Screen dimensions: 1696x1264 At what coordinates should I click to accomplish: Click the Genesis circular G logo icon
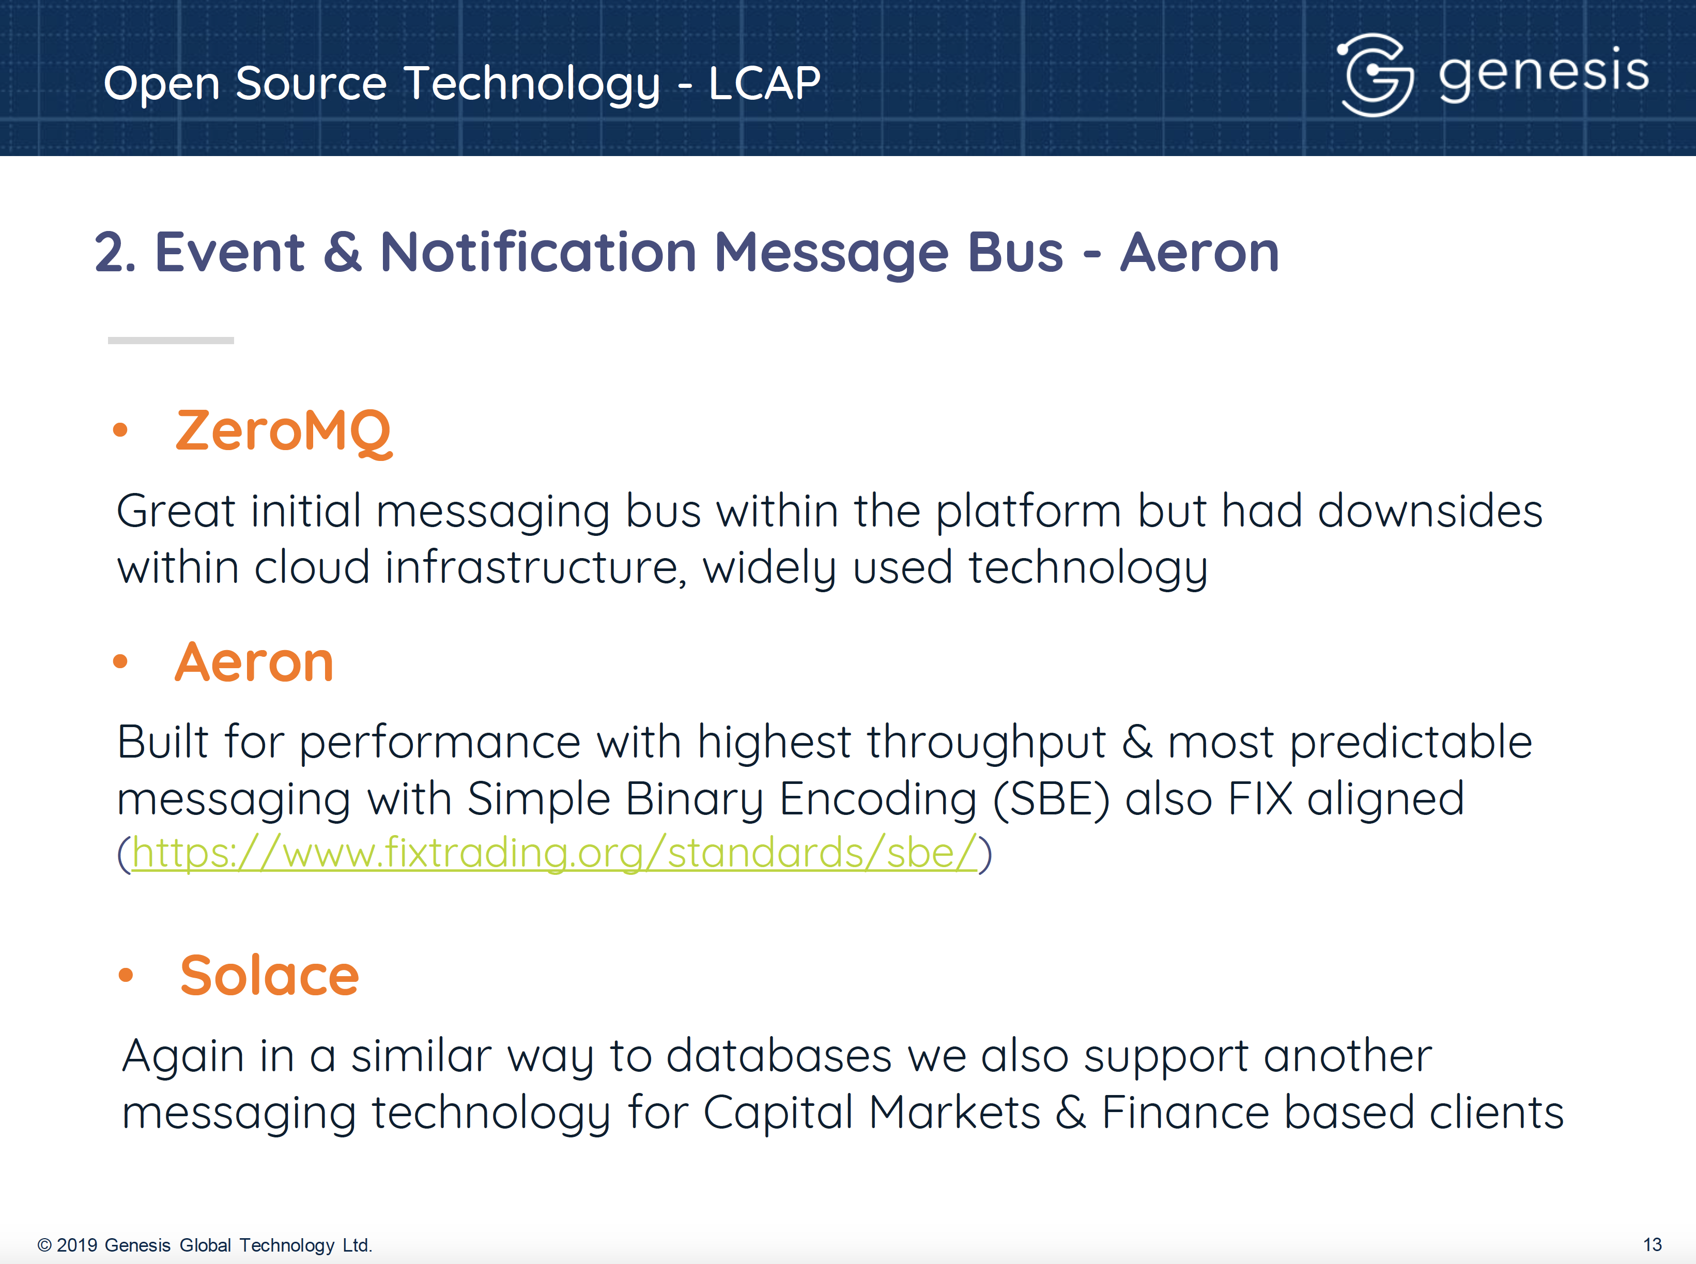1375,75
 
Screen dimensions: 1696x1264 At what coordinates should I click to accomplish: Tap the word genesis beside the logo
1543,73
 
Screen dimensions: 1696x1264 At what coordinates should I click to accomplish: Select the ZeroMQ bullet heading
284,433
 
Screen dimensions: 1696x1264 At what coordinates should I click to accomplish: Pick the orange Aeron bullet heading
254,662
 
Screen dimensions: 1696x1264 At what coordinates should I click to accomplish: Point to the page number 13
1653,1245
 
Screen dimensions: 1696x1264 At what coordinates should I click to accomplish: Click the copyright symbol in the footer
44,1245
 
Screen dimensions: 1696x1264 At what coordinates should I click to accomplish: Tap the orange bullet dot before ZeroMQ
120,430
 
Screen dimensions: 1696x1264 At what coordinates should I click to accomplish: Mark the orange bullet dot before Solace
126,975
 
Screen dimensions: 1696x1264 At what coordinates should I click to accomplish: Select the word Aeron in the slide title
1199,253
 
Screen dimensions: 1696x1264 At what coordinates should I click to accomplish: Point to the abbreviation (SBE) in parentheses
1051,799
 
